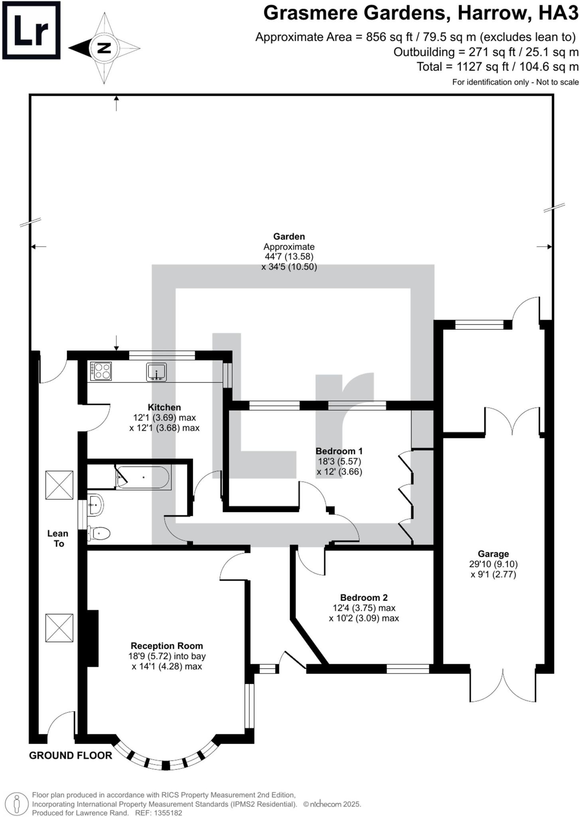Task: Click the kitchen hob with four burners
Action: pyautogui.click(x=101, y=371)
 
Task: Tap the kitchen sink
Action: pyautogui.click(x=156, y=372)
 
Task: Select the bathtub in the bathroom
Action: pyautogui.click(x=143, y=477)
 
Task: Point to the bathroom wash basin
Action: pyautogui.click(x=96, y=505)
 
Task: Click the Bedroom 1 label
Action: pyautogui.click(x=339, y=451)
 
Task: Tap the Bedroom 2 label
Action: pyautogui.click(x=363, y=598)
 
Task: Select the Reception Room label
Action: pyautogui.click(x=167, y=646)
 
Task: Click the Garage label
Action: pyautogui.click(x=493, y=554)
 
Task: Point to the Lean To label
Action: pyautogui.click(x=58, y=539)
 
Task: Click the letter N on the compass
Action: pyautogui.click(x=104, y=48)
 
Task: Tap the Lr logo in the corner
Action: pyautogui.click(x=31, y=30)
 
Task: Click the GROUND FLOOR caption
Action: pyautogui.click(x=71, y=755)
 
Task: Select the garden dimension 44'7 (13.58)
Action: pyautogui.click(x=289, y=257)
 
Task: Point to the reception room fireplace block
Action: pyautogui.click(x=93, y=638)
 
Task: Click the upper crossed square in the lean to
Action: pyautogui.click(x=59, y=485)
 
